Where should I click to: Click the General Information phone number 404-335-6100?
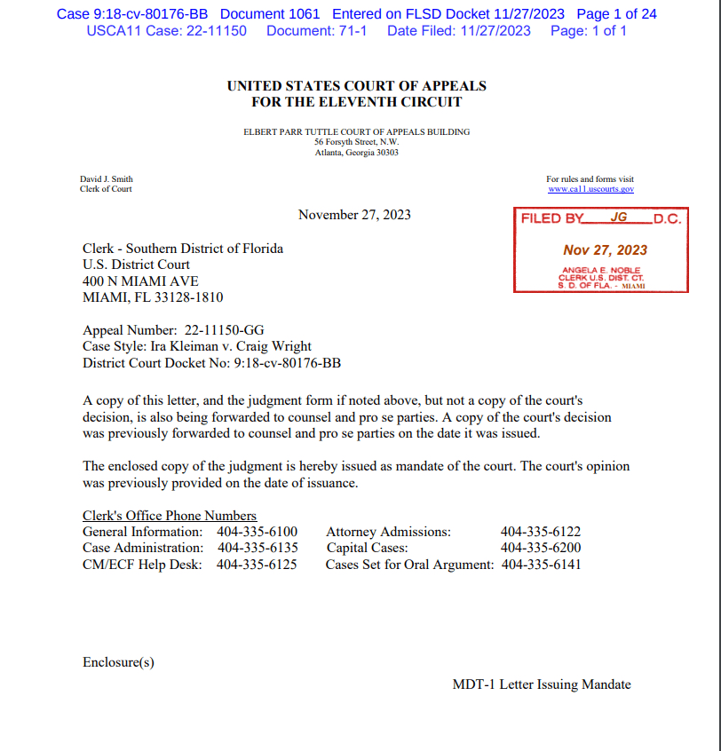pyautogui.click(x=257, y=532)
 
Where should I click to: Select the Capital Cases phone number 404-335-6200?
pyautogui.click(x=541, y=548)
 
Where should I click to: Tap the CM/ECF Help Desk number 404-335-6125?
pyautogui.click(x=257, y=564)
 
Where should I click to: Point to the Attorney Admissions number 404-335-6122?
pyautogui.click(x=541, y=532)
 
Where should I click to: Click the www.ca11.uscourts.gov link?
pyautogui.click(x=590, y=189)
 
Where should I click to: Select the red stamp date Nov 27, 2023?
pyautogui.click(x=605, y=250)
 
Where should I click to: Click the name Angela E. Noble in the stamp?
pyautogui.click(x=601, y=270)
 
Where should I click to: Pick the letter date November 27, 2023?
pyautogui.click(x=354, y=215)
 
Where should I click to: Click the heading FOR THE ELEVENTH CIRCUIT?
pyautogui.click(x=357, y=102)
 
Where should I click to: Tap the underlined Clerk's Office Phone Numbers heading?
pyautogui.click(x=170, y=516)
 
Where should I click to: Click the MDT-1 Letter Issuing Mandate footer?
pyautogui.click(x=542, y=684)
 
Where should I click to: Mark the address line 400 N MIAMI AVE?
pyautogui.click(x=140, y=281)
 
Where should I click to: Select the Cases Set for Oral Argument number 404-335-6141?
pyautogui.click(x=542, y=564)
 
